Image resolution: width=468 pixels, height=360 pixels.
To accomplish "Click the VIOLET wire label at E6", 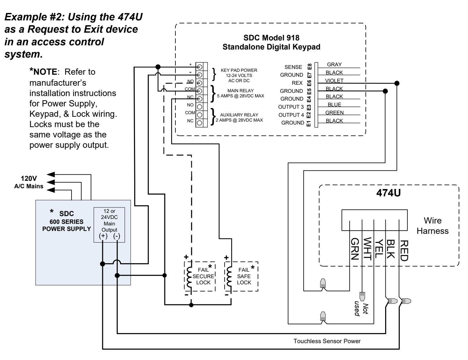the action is (x=334, y=81).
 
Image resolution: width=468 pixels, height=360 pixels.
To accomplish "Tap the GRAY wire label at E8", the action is (x=334, y=64).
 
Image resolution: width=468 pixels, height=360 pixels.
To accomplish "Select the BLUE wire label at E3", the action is (x=334, y=104).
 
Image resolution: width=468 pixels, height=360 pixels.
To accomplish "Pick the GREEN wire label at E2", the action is (x=334, y=113).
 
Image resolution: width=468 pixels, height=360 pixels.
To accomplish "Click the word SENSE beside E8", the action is (x=293, y=67).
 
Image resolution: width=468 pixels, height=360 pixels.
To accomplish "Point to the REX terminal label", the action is (x=297, y=83).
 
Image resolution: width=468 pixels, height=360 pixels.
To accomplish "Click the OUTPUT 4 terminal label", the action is (x=291, y=115).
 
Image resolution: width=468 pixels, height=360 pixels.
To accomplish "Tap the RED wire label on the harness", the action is (x=404, y=251).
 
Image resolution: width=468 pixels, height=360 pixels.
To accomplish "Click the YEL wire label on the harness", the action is (x=379, y=249).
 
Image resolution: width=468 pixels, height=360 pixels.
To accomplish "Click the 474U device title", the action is (x=388, y=193).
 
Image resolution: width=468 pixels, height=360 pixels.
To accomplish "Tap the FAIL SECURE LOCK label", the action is (x=203, y=276).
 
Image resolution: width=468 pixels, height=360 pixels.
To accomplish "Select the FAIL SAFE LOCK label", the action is (x=244, y=276).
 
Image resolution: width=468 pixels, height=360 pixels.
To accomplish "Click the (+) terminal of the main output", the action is (x=103, y=236).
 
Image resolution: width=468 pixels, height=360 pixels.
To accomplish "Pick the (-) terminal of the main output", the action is (x=117, y=236).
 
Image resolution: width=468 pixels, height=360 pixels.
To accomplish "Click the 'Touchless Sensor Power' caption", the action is (x=327, y=341).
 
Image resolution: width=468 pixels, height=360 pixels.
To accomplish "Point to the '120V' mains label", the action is (x=29, y=179).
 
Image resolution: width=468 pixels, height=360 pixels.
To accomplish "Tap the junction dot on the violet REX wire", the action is (x=397, y=83).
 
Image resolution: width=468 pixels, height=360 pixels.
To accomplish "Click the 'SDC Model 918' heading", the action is (x=271, y=38).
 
